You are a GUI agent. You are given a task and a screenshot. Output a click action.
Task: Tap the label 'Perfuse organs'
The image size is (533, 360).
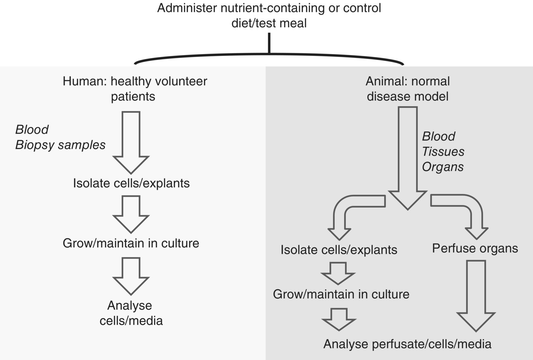click(x=475, y=248)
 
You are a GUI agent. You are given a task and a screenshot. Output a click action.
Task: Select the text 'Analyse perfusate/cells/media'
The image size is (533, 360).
click(x=407, y=344)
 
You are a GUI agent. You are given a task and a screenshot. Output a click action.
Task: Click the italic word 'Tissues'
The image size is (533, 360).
click(x=443, y=151)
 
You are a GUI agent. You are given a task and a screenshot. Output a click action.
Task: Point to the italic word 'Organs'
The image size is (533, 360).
click(x=443, y=167)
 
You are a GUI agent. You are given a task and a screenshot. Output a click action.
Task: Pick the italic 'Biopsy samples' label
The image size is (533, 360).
click(x=60, y=145)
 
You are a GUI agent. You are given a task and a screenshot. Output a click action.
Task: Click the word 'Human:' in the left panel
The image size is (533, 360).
click(x=85, y=81)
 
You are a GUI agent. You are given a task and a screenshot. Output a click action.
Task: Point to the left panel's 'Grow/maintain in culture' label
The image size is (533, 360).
click(x=131, y=243)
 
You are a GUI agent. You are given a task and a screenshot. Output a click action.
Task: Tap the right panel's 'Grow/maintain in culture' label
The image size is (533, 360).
click(x=341, y=294)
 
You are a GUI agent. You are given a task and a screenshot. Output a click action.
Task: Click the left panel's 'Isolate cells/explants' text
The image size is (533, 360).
click(x=131, y=183)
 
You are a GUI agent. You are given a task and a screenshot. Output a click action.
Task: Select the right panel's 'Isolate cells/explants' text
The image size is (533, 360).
click(x=339, y=250)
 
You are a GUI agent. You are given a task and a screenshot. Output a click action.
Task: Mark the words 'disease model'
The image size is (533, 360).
click(x=407, y=97)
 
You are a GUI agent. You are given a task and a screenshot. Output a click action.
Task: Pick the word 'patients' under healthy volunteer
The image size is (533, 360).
click(x=133, y=97)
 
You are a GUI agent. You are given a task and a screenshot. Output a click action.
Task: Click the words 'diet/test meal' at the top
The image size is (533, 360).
click(x=269, y=23)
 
